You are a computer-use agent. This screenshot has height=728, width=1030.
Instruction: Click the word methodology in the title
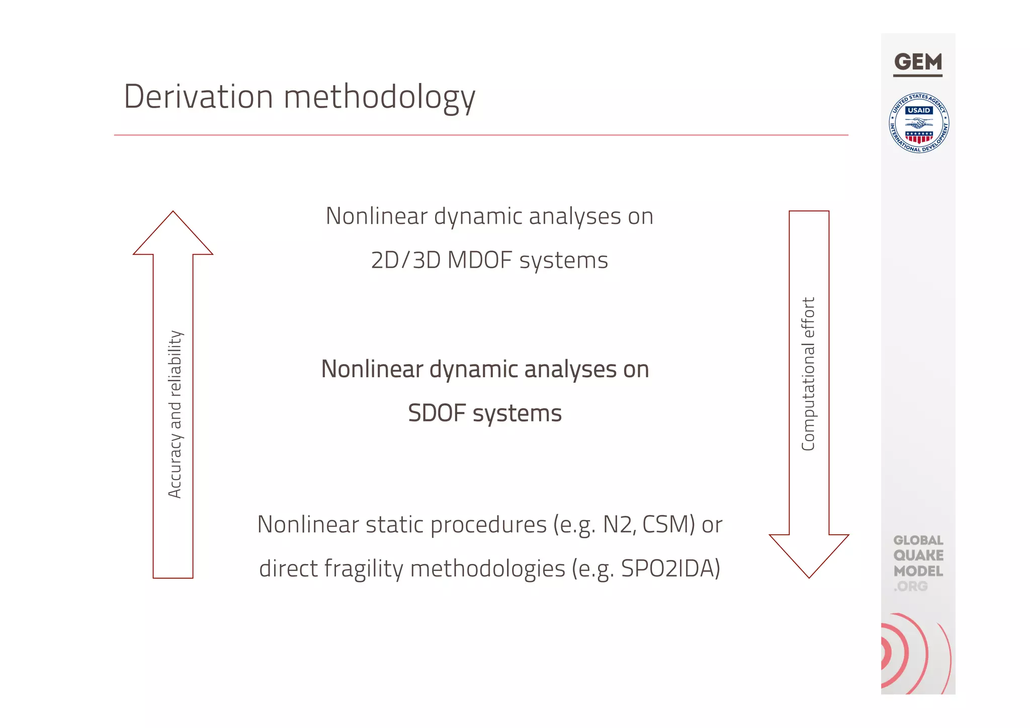point(379,97)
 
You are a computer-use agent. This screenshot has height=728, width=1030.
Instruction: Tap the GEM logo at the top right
point(918,63)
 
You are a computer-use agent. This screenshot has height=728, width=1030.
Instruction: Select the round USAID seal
point(919,123)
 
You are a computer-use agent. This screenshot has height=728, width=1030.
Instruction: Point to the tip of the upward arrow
point(173,213)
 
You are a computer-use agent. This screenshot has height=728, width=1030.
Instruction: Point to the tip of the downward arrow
point(809,576)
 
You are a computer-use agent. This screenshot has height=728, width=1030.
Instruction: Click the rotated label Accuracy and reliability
point(175,414)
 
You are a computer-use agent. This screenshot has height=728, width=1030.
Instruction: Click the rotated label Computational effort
point(808,374)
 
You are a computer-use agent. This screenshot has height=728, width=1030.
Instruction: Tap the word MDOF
point(479,261)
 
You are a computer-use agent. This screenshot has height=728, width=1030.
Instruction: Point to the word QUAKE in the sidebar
point(918,555)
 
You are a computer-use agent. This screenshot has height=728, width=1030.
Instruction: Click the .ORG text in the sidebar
point(910,587)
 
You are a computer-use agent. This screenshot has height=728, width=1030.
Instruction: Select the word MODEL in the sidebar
point(918,571)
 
